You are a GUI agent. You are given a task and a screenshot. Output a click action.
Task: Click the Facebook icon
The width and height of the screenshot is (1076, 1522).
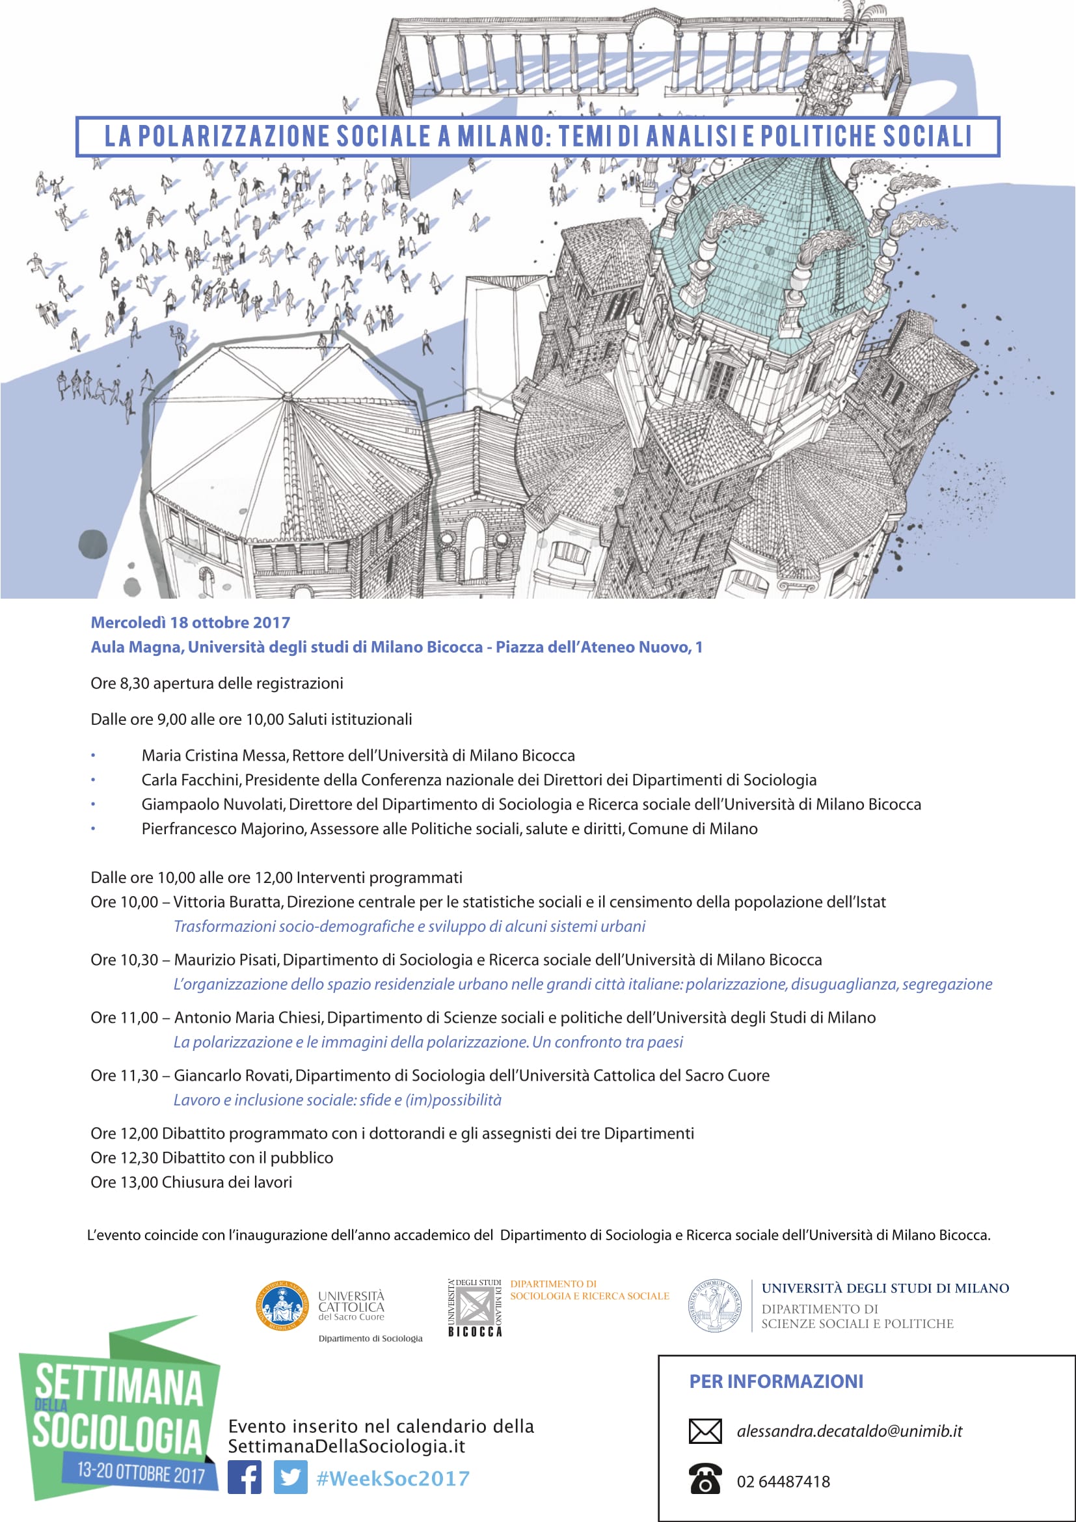click(x=245, y=1477)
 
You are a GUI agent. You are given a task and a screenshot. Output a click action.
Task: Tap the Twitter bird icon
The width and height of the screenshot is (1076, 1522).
click(x=290, y=1477)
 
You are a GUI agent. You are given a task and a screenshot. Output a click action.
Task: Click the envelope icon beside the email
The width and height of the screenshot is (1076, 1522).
click(x=705, y=1431)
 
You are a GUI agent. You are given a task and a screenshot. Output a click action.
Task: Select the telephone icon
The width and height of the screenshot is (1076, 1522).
click(x=705, y=1480)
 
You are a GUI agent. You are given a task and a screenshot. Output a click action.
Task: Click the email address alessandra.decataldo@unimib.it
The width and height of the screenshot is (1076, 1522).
click(x=849, y=1431)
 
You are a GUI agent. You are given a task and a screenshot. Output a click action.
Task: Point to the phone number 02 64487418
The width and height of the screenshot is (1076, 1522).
click(x=783, y=1482)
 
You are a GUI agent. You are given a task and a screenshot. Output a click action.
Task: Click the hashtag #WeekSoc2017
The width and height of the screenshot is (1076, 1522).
click(x=393, y=1478)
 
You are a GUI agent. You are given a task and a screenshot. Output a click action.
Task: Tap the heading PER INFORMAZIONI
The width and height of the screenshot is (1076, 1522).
click(x=776, y=1381)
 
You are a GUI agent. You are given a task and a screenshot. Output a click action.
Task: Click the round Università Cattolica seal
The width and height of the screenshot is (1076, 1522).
click(x=282, y=1305)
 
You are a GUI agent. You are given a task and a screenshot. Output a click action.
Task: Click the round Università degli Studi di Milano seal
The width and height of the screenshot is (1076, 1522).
click(x=715, y=1305)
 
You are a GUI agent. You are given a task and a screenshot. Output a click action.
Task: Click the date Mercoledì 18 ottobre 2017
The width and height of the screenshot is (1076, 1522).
click(x=190, y=623)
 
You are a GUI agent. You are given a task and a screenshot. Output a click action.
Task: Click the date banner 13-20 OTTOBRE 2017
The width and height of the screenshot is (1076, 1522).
click(x=141, y=1473)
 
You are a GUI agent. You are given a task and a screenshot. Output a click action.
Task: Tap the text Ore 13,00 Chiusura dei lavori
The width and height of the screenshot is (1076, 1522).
click(x=191, y=1182)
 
